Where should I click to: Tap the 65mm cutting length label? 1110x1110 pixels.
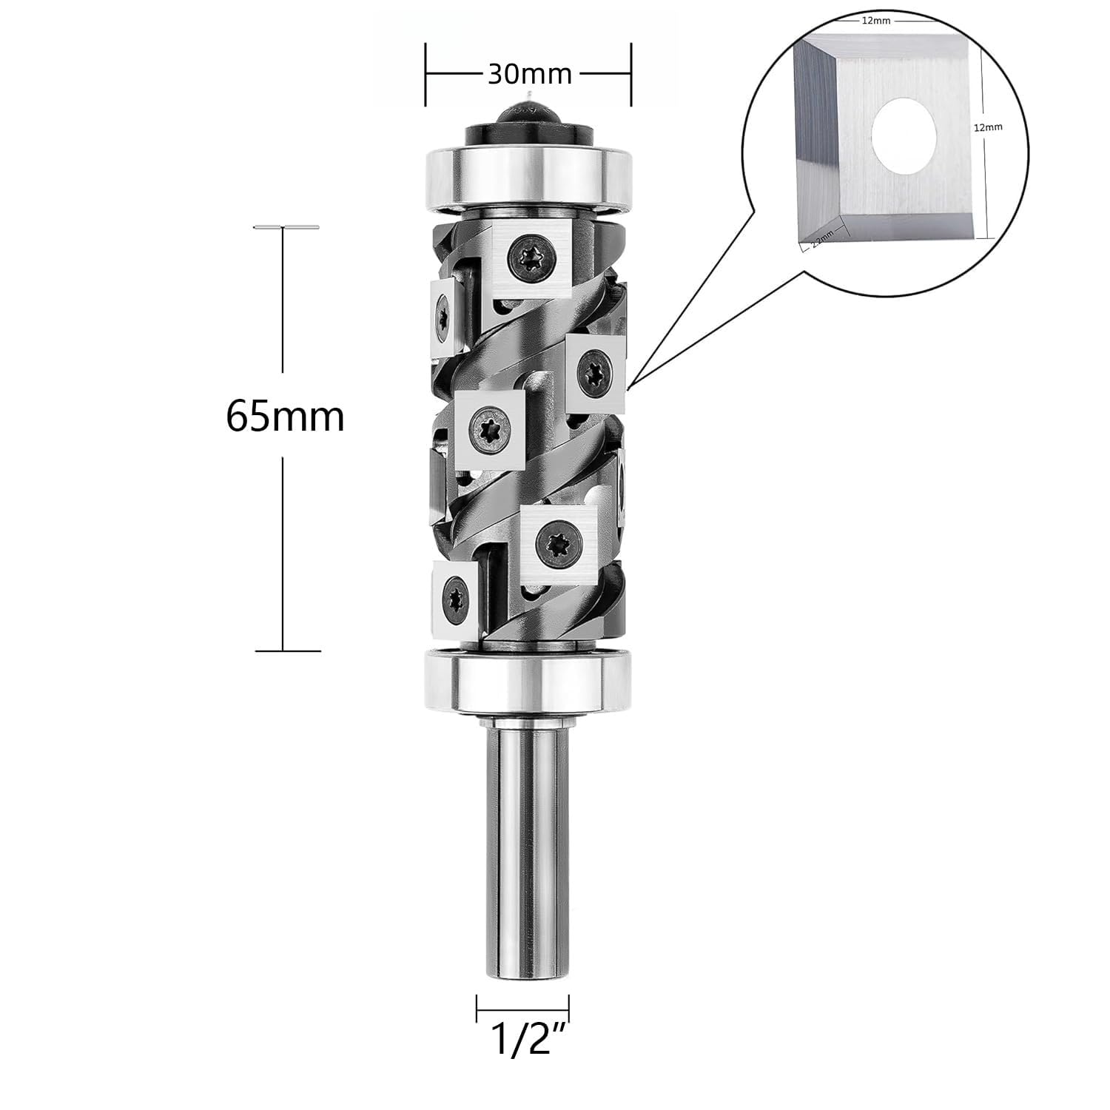[x=285, y=417]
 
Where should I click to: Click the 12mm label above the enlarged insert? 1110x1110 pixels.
[x=875, y=21]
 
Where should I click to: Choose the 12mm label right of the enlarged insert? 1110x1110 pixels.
[x=988, y=127]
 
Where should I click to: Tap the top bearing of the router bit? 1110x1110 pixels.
[x=528, y=173]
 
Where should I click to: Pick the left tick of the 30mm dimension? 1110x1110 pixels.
[x=425, y=74]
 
